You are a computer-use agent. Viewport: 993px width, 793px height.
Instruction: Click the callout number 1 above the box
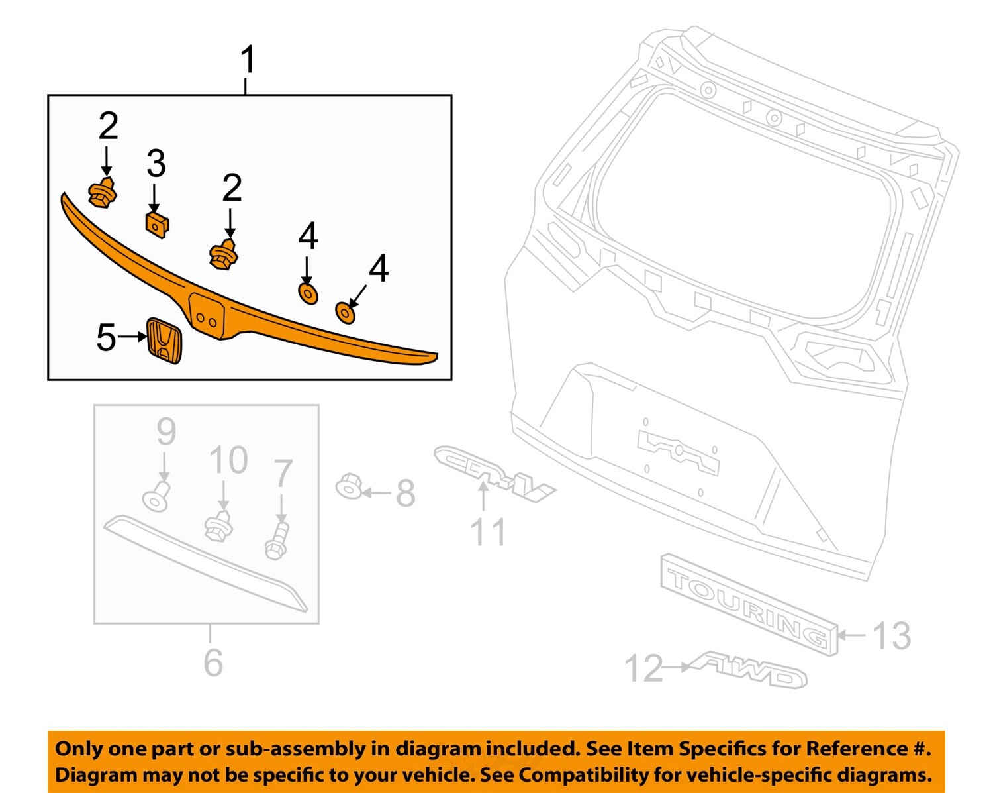(x=248, y=60)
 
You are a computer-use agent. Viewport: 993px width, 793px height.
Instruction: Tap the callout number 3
(x=156, y=164)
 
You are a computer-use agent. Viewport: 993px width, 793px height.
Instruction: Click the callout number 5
(x=106, y=337)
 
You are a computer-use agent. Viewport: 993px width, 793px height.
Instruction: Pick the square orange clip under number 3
(x=156, y=225)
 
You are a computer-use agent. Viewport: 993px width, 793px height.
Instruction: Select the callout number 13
(x=892, y=636)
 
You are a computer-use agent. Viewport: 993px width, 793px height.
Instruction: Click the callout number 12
(x=643, y=668)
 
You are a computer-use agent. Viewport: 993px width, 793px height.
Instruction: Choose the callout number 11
(x=488, y=533)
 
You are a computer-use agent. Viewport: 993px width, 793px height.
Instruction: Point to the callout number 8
(x=405, y=494)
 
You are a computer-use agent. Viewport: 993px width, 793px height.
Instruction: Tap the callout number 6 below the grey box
(x=213, y=662)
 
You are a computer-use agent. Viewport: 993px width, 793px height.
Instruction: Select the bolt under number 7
(x=276, y=541)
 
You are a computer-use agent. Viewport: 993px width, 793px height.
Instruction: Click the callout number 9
(x=166, y=433)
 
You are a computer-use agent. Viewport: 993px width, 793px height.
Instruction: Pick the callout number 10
(x=228, y=460)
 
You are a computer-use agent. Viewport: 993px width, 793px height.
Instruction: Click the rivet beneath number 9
(x=156, y=498)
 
